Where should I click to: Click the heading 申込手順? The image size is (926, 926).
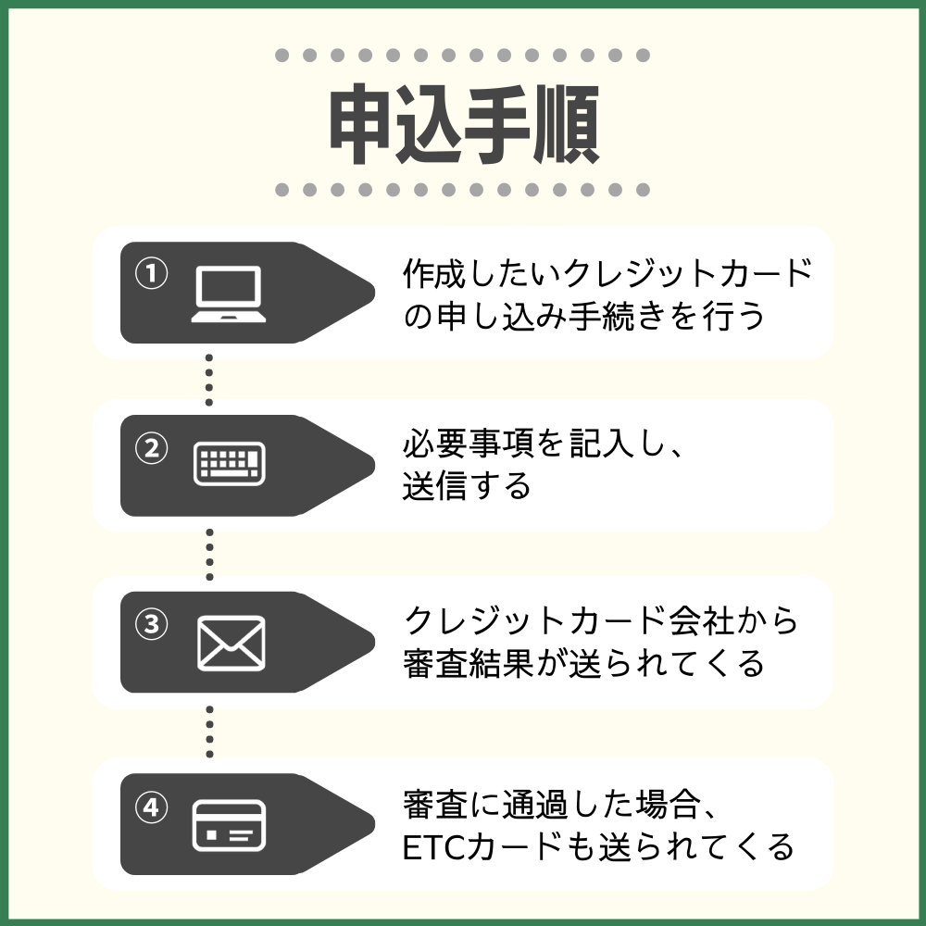point(463,125)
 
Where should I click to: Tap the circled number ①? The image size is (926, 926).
point(151,273)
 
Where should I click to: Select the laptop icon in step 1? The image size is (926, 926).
point(229,294)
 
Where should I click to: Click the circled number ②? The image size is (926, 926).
point(151,448)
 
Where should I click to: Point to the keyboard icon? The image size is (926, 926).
point(229,463)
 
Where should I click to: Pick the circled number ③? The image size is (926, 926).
point(151,623)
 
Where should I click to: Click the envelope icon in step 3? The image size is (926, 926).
point(231,643)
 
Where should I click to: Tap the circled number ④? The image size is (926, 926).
point(151,807)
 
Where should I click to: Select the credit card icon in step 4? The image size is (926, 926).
point(229,825)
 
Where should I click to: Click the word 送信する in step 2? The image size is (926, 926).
point(467,486)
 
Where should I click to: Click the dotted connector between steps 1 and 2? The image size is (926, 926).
point(209,380)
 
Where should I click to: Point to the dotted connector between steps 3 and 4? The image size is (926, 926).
point(209,731)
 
